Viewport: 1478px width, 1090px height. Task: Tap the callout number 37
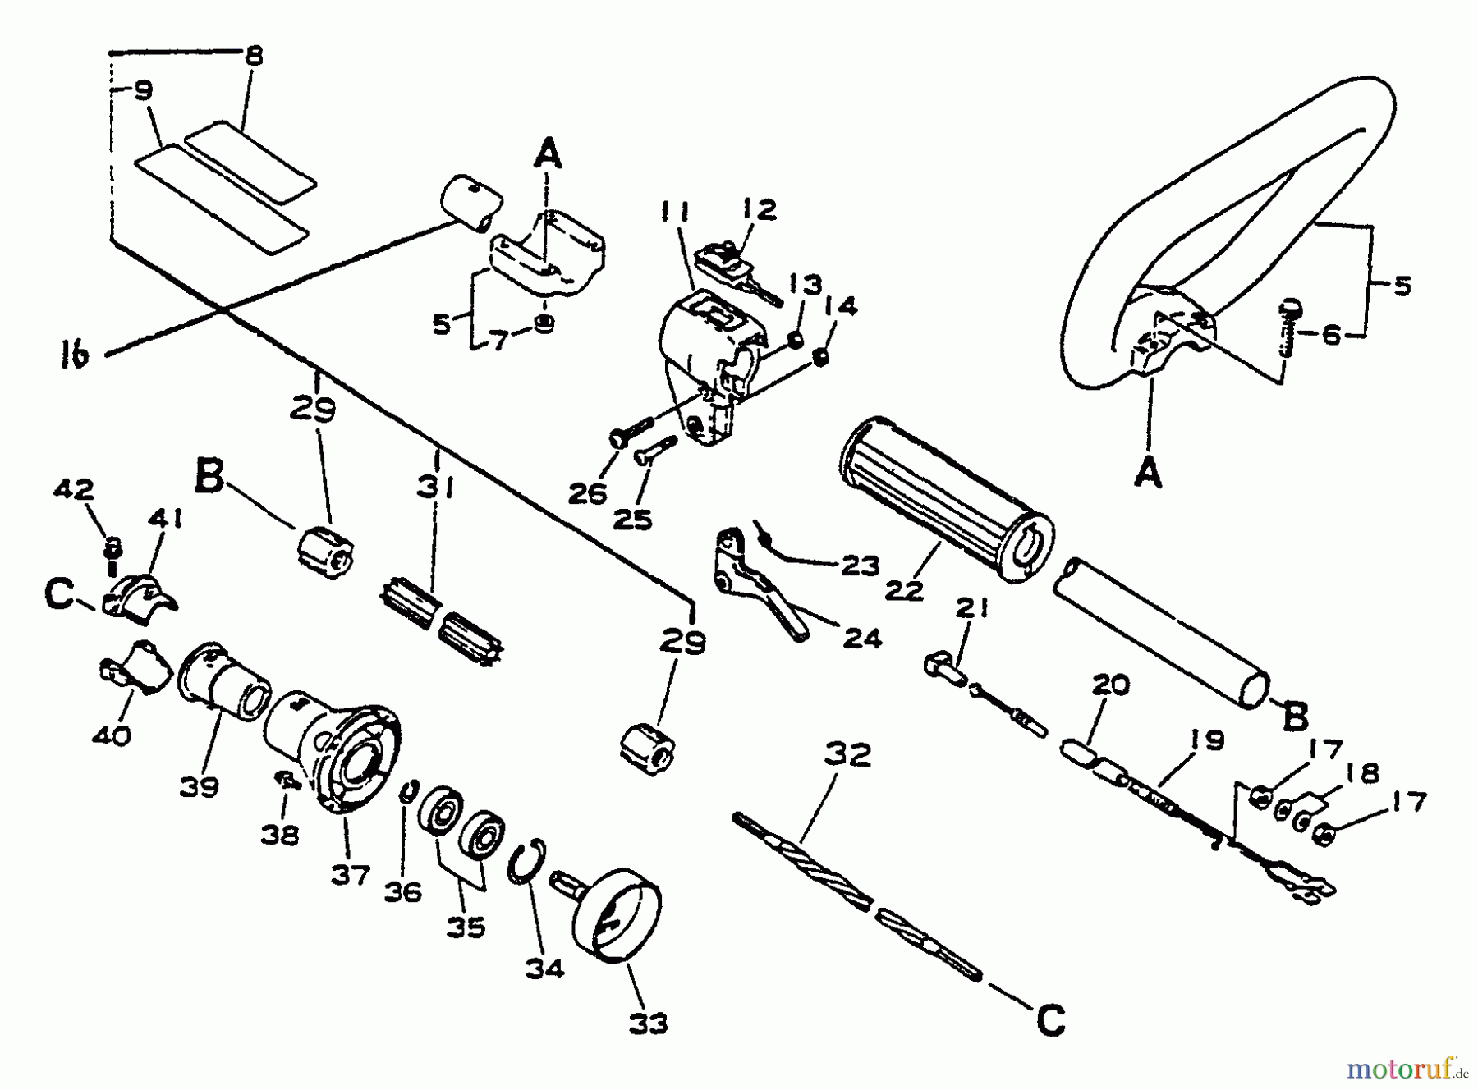[351, 876]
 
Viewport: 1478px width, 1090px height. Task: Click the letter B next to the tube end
[1294, 718]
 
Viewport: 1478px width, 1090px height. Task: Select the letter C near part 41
[60, 597]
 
